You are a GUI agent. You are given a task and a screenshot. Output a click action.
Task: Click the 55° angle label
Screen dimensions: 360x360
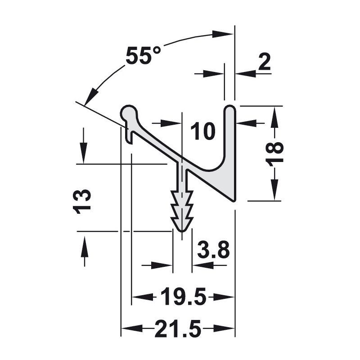[x=143, y=55]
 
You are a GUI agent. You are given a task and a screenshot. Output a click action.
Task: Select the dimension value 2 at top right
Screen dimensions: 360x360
[x=264, y=61]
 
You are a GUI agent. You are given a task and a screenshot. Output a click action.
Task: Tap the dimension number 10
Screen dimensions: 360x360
[x=203, y=131]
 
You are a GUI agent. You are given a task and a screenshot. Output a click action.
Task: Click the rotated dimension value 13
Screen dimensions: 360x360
[x=82, y=202]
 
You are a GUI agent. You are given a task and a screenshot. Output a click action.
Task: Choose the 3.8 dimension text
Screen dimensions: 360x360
[x=213, y=250]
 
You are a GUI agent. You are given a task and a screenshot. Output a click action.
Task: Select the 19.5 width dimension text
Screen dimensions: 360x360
[x=183, y=297]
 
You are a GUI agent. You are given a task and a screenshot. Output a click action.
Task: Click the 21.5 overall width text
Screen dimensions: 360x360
[x=178, y=328]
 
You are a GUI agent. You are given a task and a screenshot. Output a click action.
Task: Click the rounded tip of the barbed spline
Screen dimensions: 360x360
[x=182, y=229]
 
